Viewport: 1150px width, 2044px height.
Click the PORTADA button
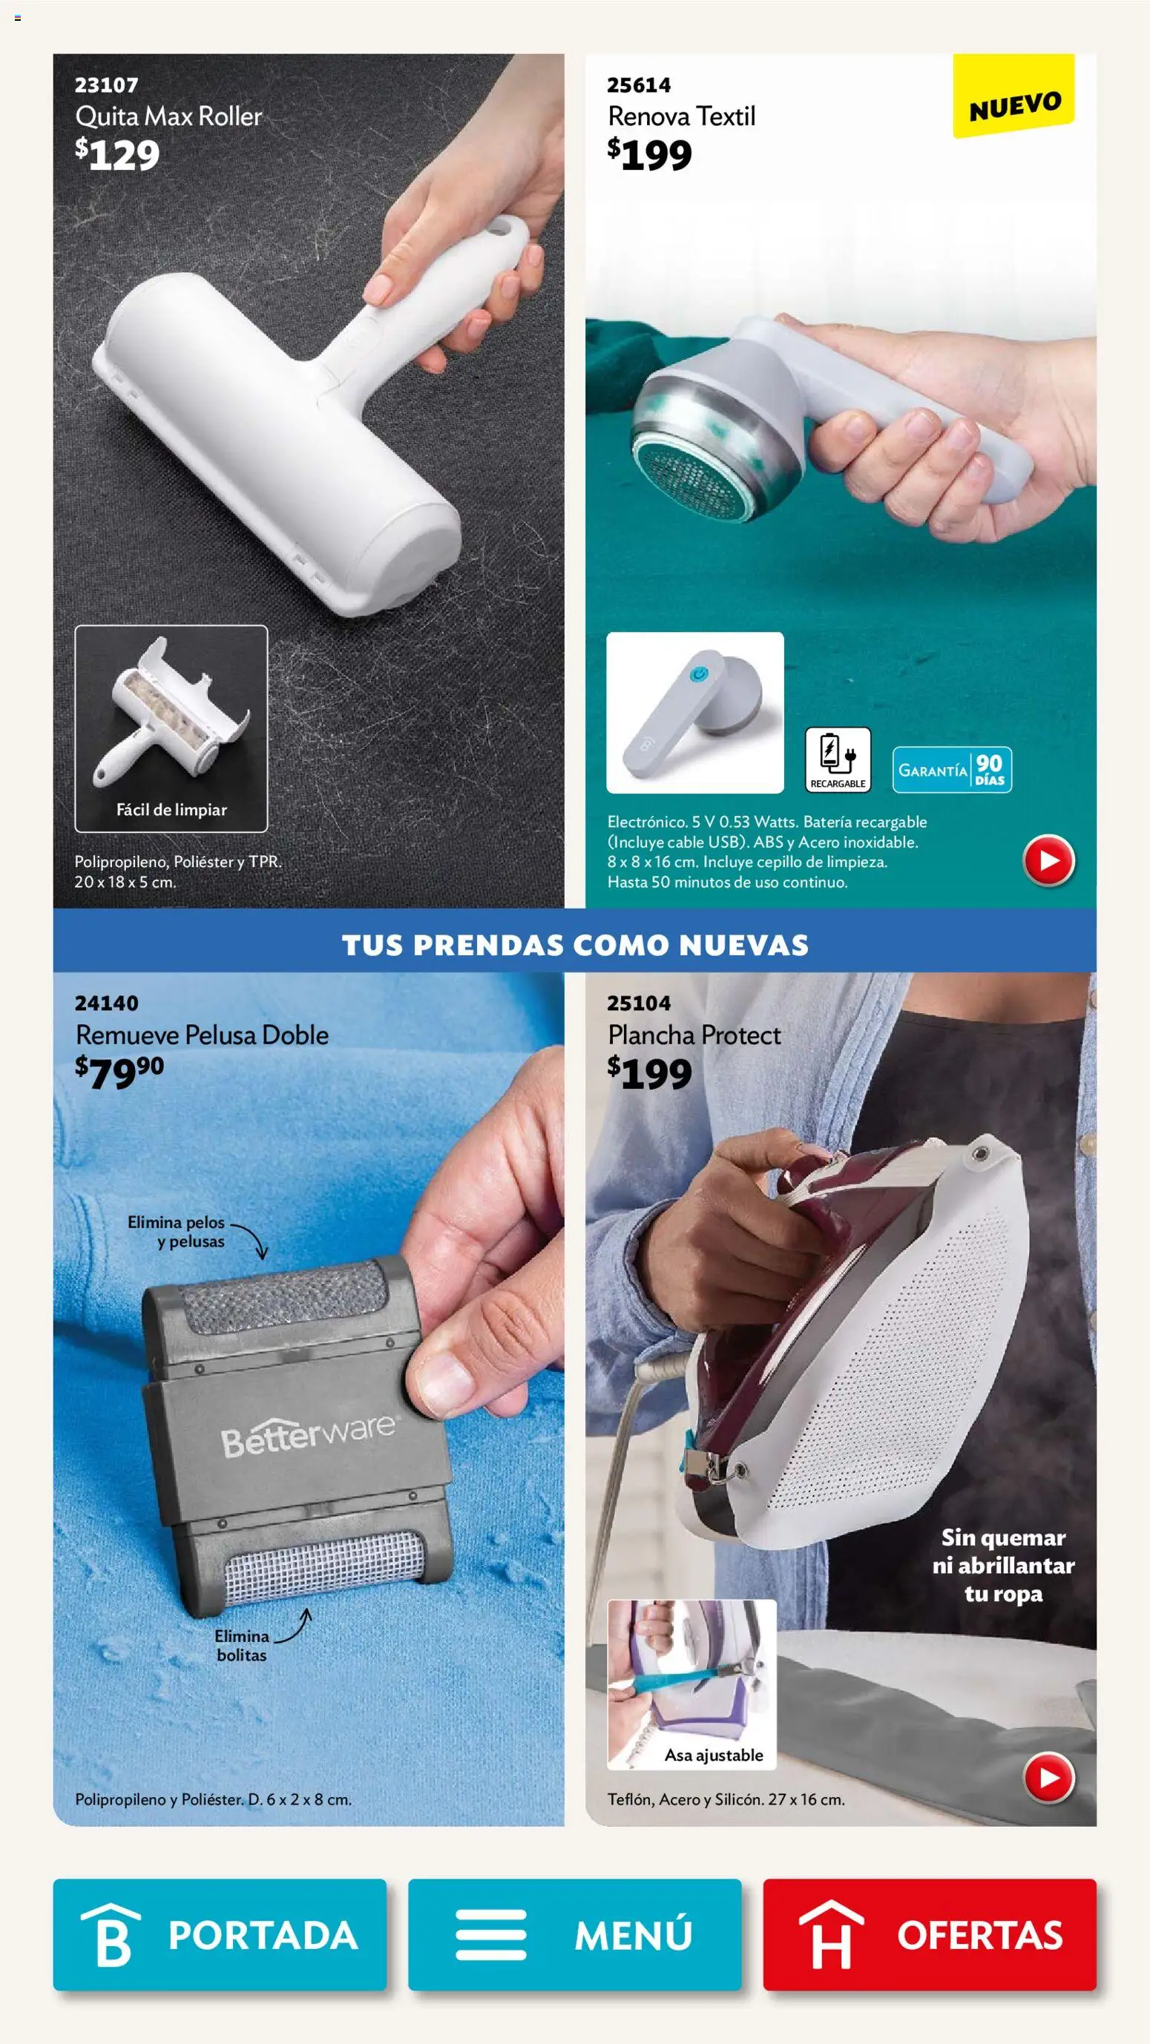219,1934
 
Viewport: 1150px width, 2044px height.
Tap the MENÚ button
574,1934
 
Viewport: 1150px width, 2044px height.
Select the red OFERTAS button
930,1934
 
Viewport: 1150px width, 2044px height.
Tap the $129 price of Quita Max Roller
117,155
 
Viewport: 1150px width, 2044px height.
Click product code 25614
638,85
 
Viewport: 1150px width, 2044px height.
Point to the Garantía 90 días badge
952,770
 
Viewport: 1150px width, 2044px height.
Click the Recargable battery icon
838,759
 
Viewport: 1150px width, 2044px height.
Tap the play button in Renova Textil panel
1048,860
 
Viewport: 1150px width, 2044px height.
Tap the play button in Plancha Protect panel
1048,1778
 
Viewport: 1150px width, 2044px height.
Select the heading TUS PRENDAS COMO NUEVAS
574,944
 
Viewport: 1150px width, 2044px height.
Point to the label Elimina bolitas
241,1646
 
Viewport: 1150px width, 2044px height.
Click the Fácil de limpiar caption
171,809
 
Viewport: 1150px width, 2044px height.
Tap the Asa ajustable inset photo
691,1684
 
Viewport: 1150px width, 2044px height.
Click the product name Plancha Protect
694,1035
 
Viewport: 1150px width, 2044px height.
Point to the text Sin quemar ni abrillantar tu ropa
1002,1565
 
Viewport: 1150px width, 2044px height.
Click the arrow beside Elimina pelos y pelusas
252,1240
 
